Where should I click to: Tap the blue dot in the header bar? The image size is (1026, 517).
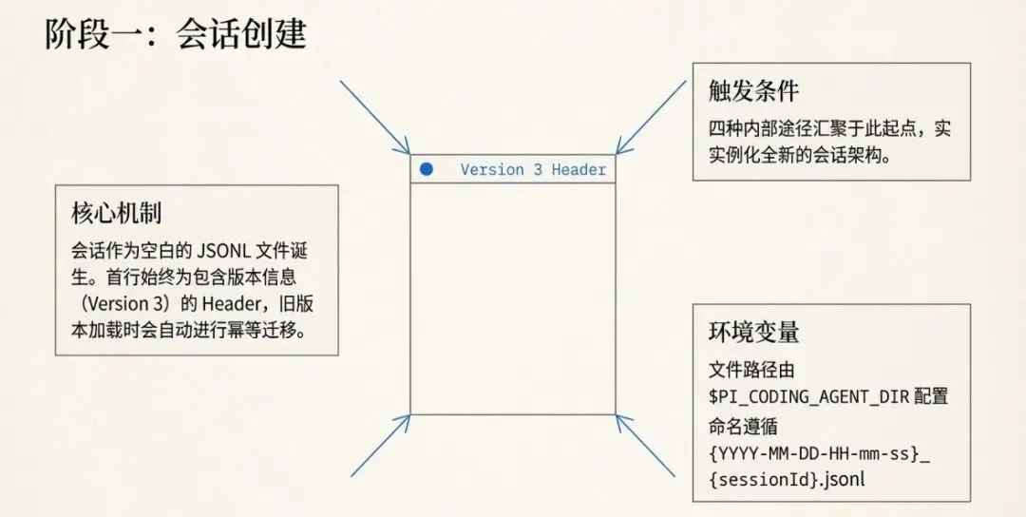point(427,169)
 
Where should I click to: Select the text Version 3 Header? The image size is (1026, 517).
point(532,170)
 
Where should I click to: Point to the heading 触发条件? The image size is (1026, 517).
point(753,91)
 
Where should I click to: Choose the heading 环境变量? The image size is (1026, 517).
point(753,332)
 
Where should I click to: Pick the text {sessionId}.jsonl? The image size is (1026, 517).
point(787,480)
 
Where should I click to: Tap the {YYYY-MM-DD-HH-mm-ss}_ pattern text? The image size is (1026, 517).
point(819,452)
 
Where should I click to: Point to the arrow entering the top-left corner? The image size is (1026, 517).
point(375,117)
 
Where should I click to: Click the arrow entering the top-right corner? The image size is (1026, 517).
point(652,116)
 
